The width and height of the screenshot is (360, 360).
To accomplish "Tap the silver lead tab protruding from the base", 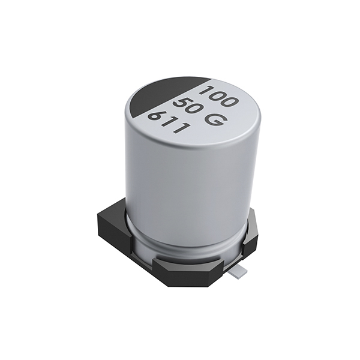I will click(x=239, y=271).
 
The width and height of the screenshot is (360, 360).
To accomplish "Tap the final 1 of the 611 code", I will click(x=182, y=127).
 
